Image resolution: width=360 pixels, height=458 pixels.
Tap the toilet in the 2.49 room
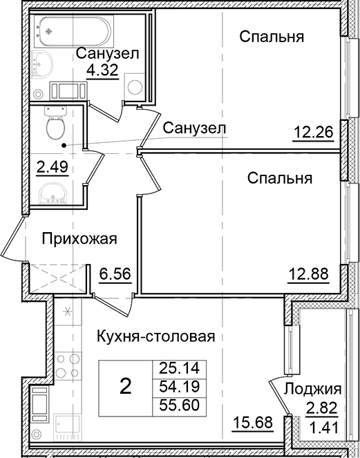click(x=53, y=125)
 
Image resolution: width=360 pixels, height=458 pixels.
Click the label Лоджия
click(x=317, y=388)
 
